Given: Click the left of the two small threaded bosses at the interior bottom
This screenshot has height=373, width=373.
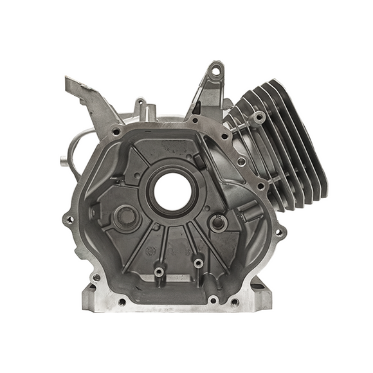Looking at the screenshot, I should tap(158, 272).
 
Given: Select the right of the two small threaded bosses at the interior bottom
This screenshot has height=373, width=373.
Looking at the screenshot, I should tap(197, 262).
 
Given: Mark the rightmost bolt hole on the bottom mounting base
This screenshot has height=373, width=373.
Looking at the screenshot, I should tap(234, 301).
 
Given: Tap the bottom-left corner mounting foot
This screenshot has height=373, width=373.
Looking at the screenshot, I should tap(90, 293).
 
